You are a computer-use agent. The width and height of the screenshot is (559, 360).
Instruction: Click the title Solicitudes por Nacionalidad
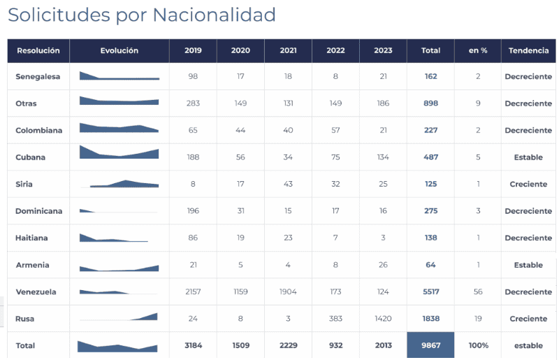pyautogui.click(x=142, y=15)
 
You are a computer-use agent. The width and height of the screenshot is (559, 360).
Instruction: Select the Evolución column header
pyautogui.click(x=119, y=51)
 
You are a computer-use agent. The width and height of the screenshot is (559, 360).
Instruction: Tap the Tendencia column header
pyautogui.click(x=528, y=51)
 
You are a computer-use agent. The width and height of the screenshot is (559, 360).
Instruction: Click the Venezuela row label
pyautogui.click(x=36, y=292)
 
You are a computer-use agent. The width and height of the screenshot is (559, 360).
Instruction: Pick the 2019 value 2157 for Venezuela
pyautogui.click(x=193, y=292)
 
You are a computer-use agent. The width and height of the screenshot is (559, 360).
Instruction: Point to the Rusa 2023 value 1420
pyautogui.click(x=383, y=319)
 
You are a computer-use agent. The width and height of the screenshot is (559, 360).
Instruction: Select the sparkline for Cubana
pyautogui.click(x=119, y=152)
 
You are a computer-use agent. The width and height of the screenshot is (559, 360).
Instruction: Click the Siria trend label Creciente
pyautogui.click(x=528, y=185)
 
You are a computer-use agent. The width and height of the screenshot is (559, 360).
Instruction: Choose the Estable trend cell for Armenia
pyautogui.click(x=528, y=266)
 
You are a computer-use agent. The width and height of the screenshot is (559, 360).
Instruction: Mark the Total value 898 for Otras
pyautogui.click(x=430, y=103)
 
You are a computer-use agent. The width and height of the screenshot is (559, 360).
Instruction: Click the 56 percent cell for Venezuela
pyautogui.click(x=478, y=292)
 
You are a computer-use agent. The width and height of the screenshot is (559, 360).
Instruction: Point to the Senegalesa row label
pyautogui.click(x=38, y=77)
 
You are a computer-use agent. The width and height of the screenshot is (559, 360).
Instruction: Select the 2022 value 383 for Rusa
pyautogui.click(x=335, y=319)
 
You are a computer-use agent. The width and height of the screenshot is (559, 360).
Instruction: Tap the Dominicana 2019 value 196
pyautogui.click(x=193, y=211)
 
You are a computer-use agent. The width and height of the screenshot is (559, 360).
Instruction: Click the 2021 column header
pyautogui.click(x=288, y=51)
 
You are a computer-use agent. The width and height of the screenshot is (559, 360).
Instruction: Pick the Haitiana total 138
pyautogui.click(x=430, y=238)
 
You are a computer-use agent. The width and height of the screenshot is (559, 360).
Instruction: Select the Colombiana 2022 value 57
pyautogui.click(x=335, y=131)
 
